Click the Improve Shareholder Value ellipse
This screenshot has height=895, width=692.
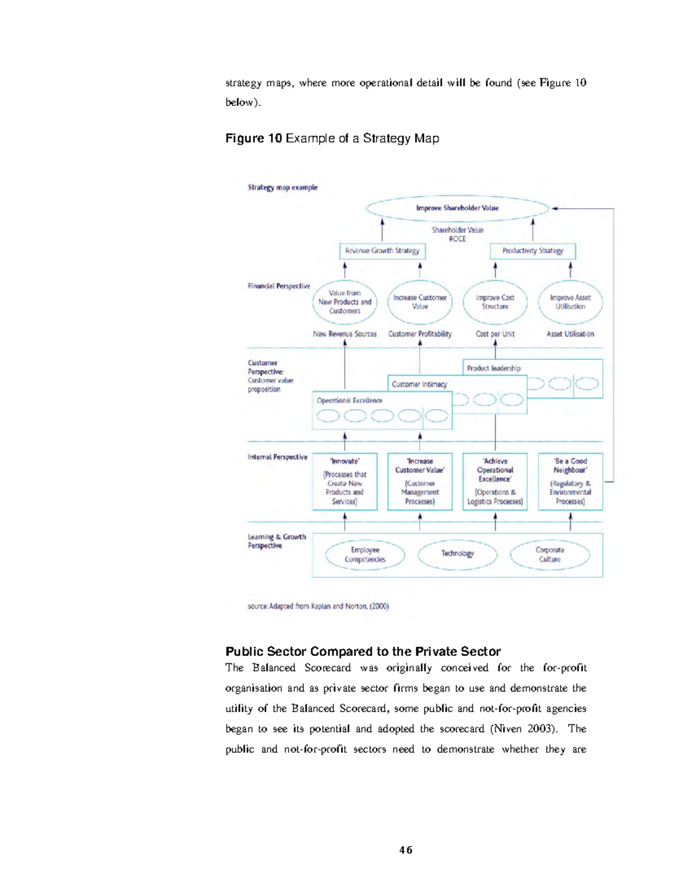coord(457,208)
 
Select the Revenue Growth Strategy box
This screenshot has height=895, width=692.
coord(382,251)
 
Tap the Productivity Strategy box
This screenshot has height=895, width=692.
coord(532,251)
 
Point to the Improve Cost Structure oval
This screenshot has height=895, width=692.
coord(495,302)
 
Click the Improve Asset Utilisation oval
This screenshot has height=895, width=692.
coord(570,302)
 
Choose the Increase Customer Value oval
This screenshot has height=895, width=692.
coord(420,302)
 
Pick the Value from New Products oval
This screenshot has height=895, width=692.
coord(345,302)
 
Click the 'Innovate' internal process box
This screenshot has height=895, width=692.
coord(345,481)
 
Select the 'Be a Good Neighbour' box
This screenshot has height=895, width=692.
coord(570,481)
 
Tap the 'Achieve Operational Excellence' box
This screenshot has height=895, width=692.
coord(495,481)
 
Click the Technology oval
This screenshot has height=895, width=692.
coord(457,554)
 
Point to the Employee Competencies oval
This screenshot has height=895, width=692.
coord(365,554)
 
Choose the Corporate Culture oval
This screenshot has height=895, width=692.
coord(550,554)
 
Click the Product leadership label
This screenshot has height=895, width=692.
coord(494,368)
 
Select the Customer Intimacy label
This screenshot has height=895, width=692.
coord(419,384)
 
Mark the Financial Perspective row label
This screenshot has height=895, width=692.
coord(279,286)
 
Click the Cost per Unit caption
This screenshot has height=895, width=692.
coord(495,334)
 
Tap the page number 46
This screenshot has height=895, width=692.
coord(406,850)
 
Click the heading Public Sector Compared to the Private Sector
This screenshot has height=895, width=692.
coord(363,652)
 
